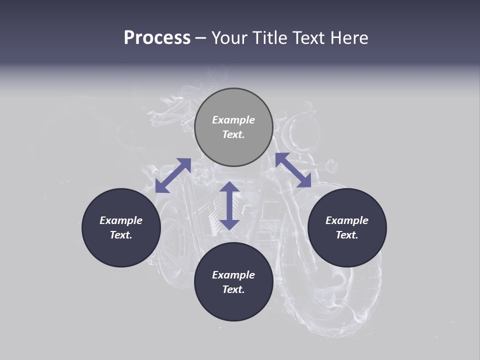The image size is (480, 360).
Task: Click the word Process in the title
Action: click(157, 38)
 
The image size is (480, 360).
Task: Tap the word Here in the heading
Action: click(349, 38)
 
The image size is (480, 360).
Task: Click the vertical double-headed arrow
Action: click(229, 205)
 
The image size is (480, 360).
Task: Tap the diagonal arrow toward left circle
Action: click(173, 175)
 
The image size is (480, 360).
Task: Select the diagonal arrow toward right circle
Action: click(293, 170)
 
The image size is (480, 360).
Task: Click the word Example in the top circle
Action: click(233, 120)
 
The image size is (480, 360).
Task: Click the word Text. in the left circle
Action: click(121, 235)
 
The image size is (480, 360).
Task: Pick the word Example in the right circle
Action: click(347, 220)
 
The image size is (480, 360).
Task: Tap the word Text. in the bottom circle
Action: click(233, 289)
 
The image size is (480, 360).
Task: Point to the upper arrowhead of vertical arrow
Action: click(229, 188)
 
